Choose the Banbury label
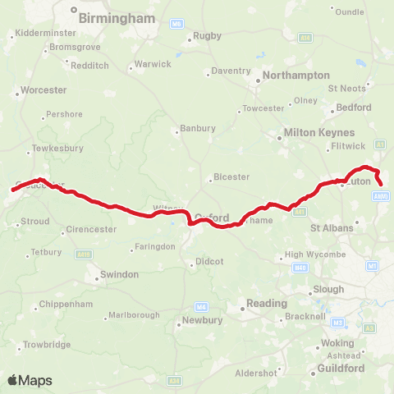(199, 128)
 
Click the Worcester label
(39, 88)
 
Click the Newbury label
(203, 320)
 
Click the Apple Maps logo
(30, 380)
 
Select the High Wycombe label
(310, 254)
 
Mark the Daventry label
(230, 71)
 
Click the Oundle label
(350, 11)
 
